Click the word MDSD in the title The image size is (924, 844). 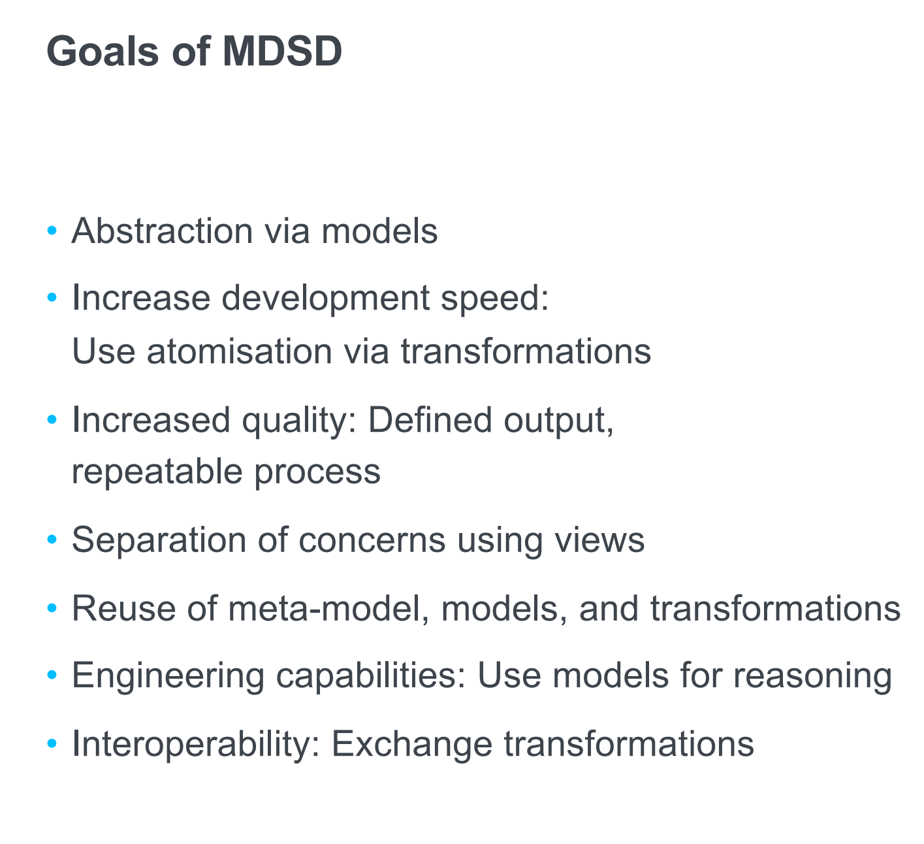(x=282, y=51)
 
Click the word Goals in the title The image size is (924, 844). (x=103, y=51)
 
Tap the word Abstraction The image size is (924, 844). (x=162, y=231)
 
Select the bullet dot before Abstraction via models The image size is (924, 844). (x=52, y=230)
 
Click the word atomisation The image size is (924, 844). (x=240, y=351)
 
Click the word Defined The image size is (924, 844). (x=430, y=420)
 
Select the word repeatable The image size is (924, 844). (x=157, y=472)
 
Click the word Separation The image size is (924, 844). (x=159, y=540)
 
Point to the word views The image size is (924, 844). (x=599, y=540)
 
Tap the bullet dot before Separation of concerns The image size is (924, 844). (x=52, y=539)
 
